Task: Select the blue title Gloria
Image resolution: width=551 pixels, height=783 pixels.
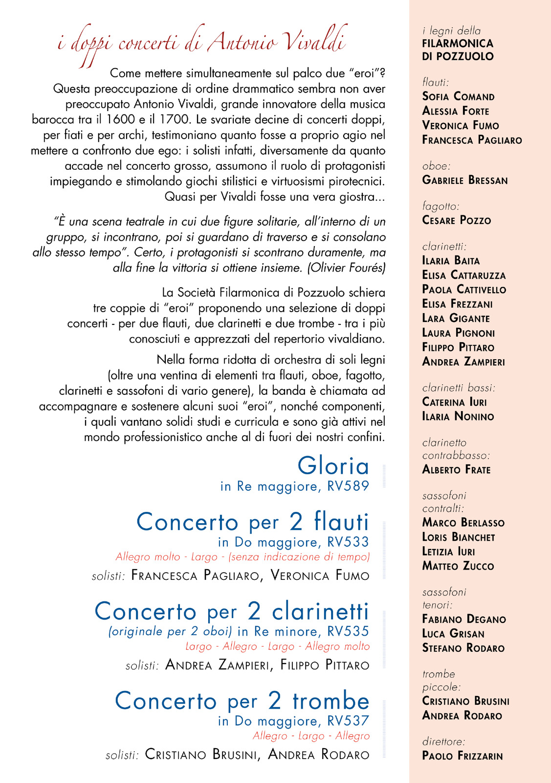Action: [x=333, y=466]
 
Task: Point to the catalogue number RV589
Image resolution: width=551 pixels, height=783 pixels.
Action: [x=348, y=486]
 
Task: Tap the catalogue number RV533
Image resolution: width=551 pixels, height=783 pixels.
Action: [x=348, y=542]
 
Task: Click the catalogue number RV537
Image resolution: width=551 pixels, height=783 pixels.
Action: [x=348, y=721]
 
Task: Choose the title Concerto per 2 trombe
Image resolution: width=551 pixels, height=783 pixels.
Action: [x=242, y=701]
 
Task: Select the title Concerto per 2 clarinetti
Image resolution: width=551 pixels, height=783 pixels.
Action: [x=232, y=612]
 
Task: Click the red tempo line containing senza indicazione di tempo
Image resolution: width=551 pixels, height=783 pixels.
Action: [x=242, y=557]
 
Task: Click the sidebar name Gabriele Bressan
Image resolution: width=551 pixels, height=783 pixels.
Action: [x=465, y=180]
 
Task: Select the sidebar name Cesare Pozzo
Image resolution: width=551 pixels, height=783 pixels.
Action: [x=457, y=220]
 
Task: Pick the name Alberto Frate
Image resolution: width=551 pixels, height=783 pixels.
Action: [x=457, y=470]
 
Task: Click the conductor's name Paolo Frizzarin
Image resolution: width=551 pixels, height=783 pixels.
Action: [x=463, y=756]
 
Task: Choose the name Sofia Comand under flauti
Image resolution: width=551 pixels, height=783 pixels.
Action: [x=459, y=96]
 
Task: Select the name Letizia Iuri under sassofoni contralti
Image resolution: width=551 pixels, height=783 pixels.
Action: [x=449, y=552]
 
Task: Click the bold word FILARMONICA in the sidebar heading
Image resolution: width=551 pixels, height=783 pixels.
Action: [x=458, y=44]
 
